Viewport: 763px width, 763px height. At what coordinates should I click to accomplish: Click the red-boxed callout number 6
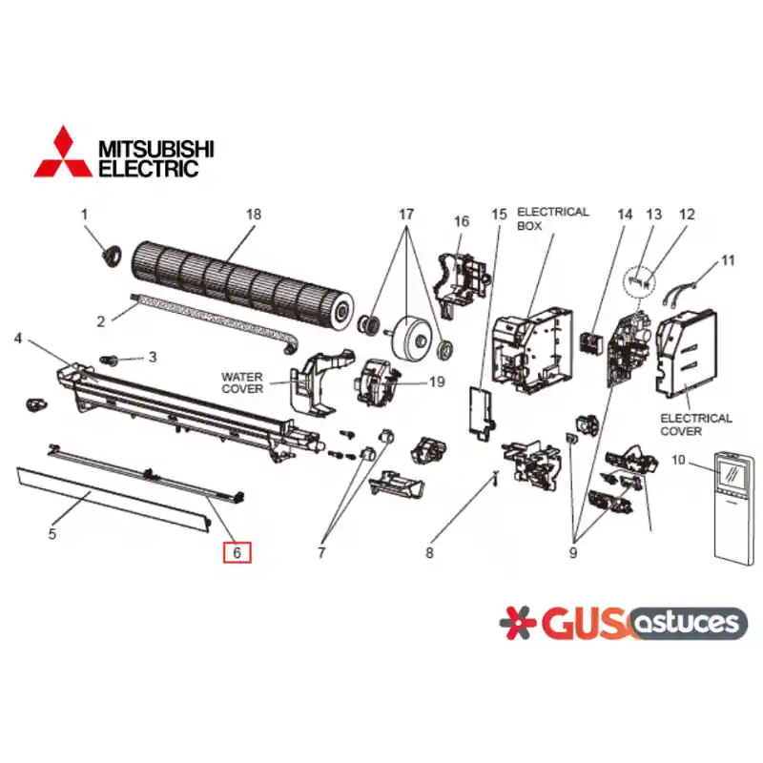[x=237, y=552]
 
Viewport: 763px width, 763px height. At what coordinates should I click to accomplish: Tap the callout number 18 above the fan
[x=254, y=215]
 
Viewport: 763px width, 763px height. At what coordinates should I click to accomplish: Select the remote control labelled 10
[x=733, y=509]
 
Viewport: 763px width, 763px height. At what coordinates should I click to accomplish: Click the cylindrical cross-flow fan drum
[x=242, y=281]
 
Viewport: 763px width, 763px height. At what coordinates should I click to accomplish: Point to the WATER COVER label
[x=242, y=382]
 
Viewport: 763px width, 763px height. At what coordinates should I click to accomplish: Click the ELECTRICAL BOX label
[x=553, y=218]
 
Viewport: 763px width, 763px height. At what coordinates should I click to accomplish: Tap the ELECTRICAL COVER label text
[x=696, y=424]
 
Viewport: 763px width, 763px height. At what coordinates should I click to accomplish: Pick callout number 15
[x=499, y=215]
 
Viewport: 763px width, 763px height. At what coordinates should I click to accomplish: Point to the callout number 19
[x=437, y=382]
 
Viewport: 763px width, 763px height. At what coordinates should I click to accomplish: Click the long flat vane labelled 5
[x=113, y=500]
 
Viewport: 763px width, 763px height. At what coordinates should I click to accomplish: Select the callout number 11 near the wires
[x=728, y=260]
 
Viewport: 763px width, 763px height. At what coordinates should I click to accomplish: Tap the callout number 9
[x=573, y=553]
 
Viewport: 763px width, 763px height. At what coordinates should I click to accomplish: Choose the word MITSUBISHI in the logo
[x=156, y=149]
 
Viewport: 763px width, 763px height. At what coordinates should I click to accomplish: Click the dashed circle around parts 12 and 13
[x=639, y=281]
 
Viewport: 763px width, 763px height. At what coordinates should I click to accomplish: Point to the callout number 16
[x=462, y=221]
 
